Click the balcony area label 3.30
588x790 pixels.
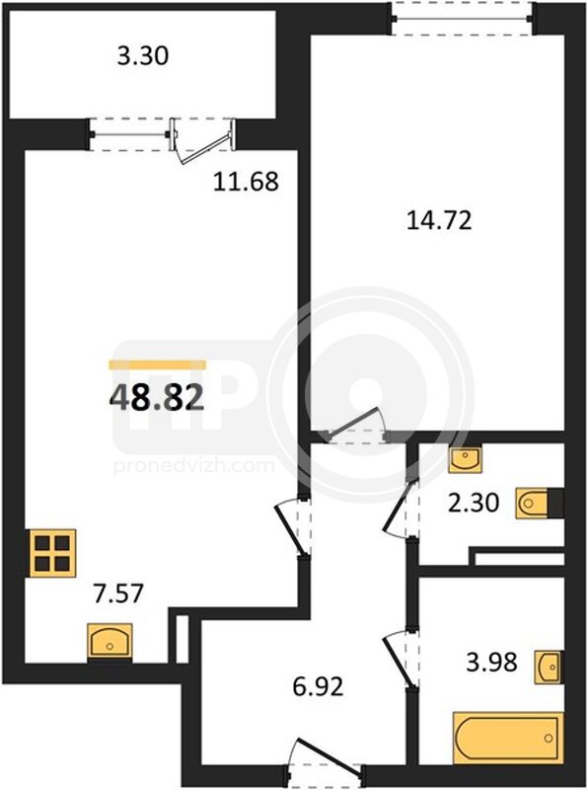[x=143, y=55]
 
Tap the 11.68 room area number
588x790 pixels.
[x=246, y=182]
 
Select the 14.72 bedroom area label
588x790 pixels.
[x=439, y=220]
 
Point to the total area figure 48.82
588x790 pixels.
[x=157, y=398]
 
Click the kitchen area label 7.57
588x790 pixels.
[x=118, y=593]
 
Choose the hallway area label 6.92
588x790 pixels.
[x=318, y=686]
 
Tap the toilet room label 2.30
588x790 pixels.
[x=474, y=503]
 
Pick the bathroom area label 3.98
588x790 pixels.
[x=492, y=662]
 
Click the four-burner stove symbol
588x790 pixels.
[x=52, y=553]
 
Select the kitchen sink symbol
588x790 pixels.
[x=110, y=640]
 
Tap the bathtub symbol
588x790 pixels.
[x=507, y=738]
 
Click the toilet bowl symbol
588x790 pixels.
[x=532, y=503]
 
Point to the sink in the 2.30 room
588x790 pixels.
[x=465, y=458]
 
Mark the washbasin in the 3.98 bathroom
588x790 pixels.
[x=549, y=668]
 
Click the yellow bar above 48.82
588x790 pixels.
[x=158, y=364]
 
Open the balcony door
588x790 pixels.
[x=202, y=141]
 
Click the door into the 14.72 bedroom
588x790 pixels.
[x=356, y=425]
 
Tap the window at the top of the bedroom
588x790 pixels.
[x=462, y=19]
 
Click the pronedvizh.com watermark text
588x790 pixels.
[x=193, y=465]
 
